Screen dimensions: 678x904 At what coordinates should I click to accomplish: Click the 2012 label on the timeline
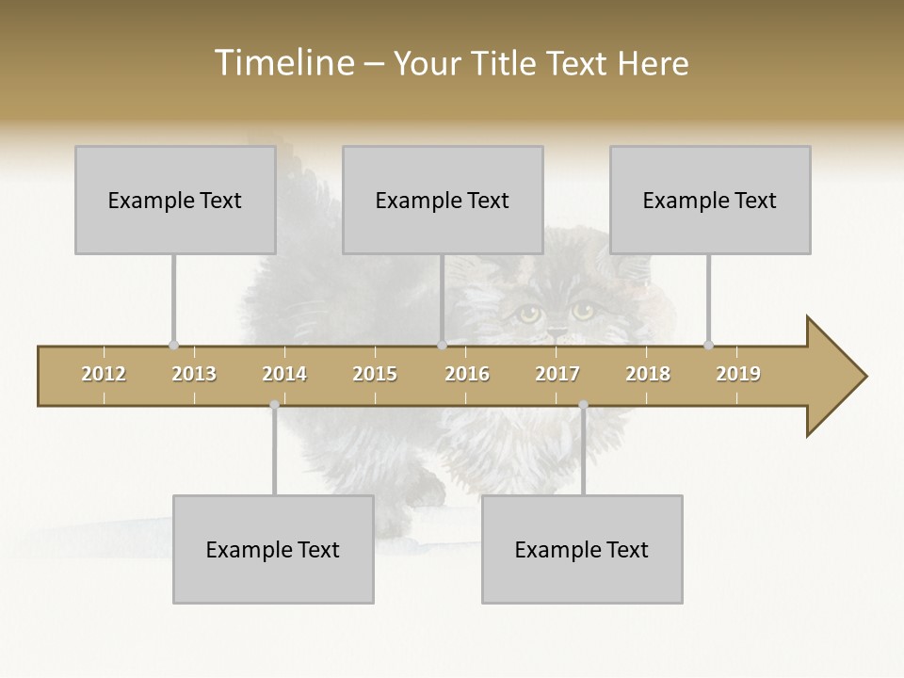(x=104, y=374)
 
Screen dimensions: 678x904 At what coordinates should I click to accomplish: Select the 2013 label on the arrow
(x=194, y=374)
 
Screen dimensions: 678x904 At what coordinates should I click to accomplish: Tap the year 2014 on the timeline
(x=284, y=374)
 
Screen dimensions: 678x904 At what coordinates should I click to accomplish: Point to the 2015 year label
(x=375, y=374)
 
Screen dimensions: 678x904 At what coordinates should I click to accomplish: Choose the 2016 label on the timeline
(x=467, y=374)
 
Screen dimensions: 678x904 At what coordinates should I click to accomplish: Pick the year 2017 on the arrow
(x=557, y=374)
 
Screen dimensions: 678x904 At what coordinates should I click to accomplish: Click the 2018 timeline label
(x=648, y=374)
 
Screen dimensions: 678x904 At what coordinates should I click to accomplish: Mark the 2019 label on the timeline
(x=738, y=374)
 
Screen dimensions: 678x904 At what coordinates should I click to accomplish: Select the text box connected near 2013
(x=175, y=200)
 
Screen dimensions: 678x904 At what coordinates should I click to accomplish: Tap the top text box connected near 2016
(x=443, y=200)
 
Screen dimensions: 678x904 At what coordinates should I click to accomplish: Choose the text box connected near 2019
(x=710, y=200)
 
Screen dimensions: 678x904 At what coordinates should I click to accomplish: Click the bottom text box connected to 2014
(x=273, y=549)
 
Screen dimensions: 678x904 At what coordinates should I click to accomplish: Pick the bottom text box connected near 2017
(x=582, y=549)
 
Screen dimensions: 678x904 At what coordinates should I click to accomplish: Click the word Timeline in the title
(x=282, y=63)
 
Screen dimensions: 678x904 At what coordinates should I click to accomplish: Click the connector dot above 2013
(x=173, y=345)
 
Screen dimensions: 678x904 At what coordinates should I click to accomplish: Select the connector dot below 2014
(x=274, y=405)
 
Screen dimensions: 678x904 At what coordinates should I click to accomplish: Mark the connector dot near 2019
(x=708, y=345)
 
